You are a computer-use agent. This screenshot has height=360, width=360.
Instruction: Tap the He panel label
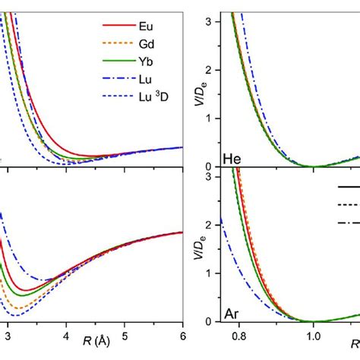coord(232,159)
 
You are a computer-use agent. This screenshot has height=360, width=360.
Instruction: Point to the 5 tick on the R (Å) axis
coord(125,334)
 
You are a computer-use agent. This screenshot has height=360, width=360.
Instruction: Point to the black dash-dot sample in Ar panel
coord(349,222)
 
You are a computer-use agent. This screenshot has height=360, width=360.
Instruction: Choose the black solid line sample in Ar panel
coord(349,185)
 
